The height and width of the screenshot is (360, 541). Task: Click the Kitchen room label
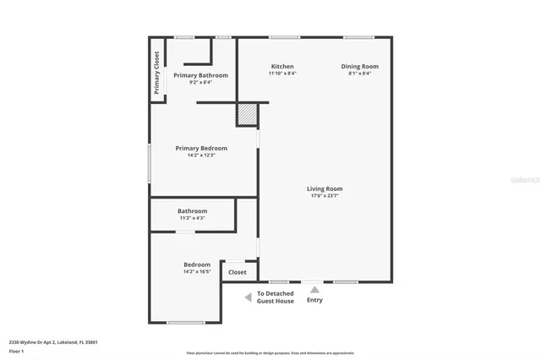(281, 66)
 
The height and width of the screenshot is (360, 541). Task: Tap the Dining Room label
(359, 66)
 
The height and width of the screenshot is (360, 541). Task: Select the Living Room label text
(325, 188)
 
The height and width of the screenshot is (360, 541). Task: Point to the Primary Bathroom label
(200, 75)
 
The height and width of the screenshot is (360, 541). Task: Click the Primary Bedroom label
(201, 148)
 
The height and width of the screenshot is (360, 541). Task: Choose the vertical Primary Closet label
(156, 72)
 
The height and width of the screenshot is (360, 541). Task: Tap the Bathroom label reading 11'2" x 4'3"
(192, 211)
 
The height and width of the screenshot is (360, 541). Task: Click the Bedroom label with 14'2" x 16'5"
(196, 265)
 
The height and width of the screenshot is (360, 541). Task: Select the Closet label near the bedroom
(238, 272)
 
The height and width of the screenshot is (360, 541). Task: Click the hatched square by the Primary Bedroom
(246, 115)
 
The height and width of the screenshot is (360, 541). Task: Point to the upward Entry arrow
(314, 290)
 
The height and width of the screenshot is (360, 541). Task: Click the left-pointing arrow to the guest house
(247, 297)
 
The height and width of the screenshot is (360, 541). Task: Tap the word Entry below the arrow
(314, 300)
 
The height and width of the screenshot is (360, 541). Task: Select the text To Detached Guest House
(276, 297)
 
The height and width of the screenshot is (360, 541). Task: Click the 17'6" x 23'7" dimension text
(325, 196)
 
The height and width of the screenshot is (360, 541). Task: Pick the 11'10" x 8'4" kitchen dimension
(281, 74)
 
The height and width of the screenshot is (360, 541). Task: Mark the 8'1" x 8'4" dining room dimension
(359, 74)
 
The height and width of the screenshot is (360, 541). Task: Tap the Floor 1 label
(16, 351)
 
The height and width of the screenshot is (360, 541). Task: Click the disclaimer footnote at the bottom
(270, 352)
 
